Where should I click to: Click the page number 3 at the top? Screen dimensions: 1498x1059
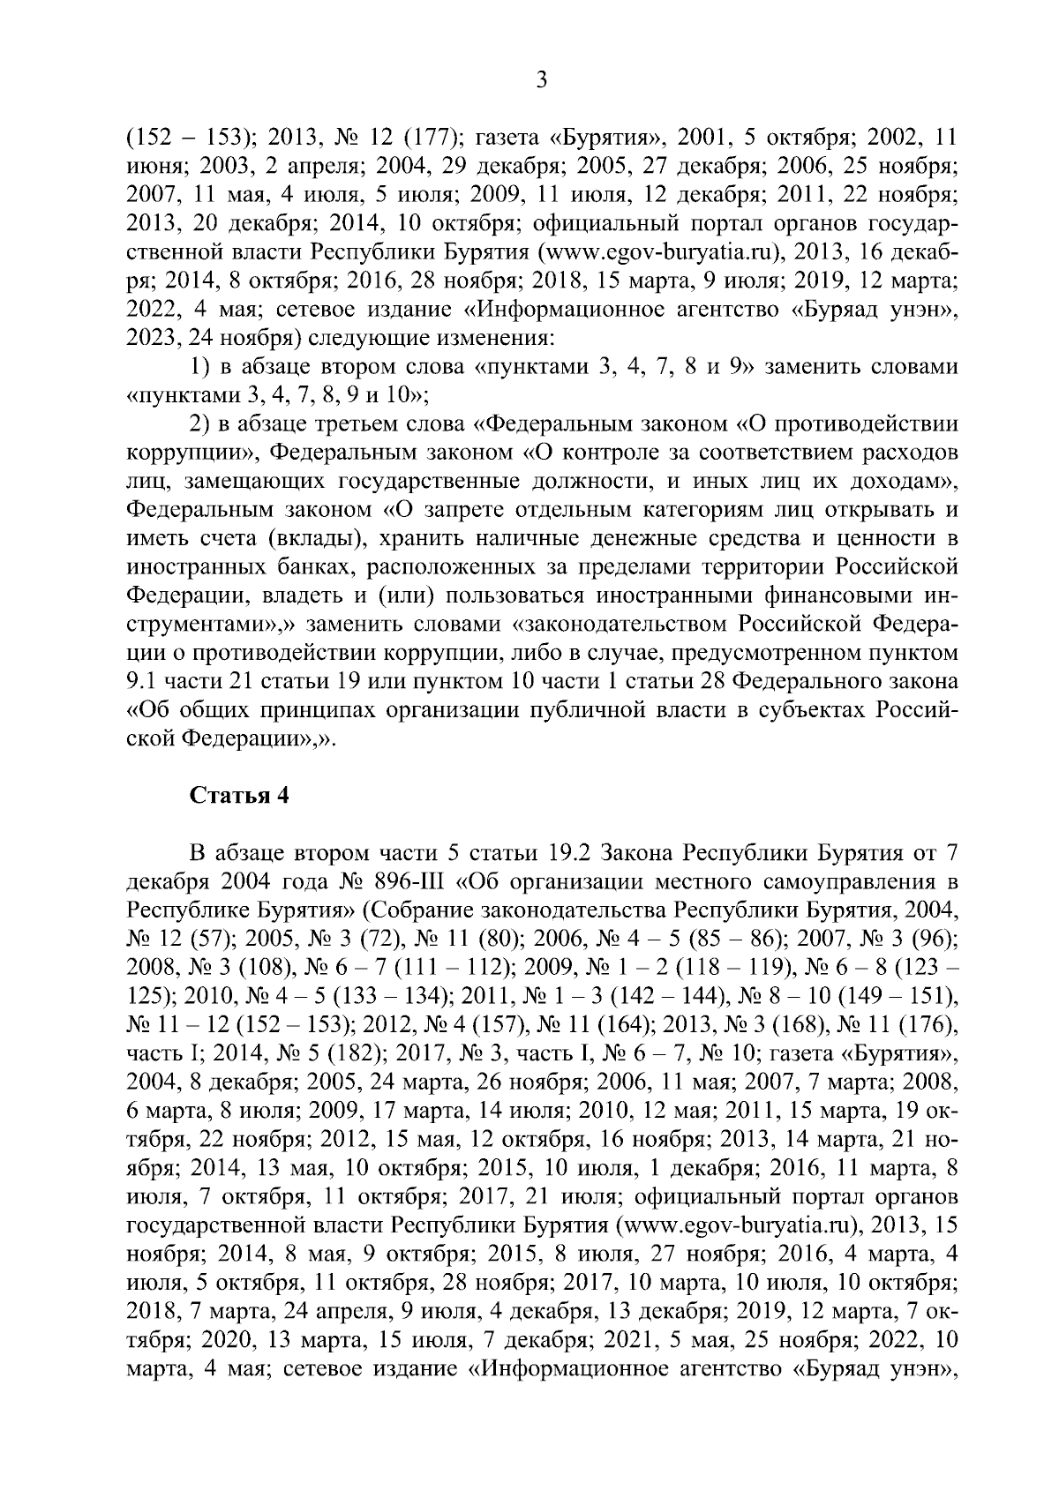point(542,80)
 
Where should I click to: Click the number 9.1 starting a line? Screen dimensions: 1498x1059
point(142,681)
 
